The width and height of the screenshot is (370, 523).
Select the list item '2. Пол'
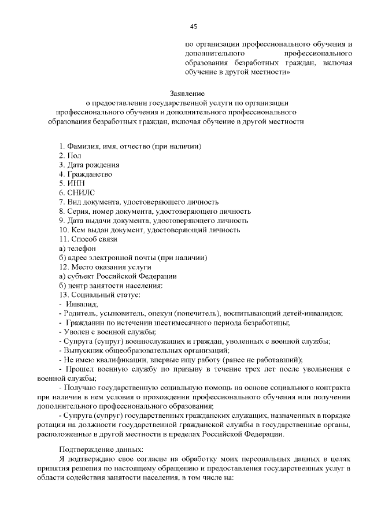pyautogui.click(x=70, y=156)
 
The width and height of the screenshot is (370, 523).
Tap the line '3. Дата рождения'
pyautogui.click(x=89, y=165)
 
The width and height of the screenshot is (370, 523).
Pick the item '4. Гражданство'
pyautogui.click(x=85, y=175)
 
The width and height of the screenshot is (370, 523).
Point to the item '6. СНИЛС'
pyautogui.click(x=77, y=193)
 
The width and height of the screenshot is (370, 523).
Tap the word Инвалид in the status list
pyautogui.click(x=82, y=304)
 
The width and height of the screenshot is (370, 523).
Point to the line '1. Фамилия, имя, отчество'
pyautogui.click(x=130, y=147)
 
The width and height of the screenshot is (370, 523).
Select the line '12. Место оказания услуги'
pyautogui.click(x=105, y=267)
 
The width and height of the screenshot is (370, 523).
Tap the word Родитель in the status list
pyautogui.click(x=78, y=313)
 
